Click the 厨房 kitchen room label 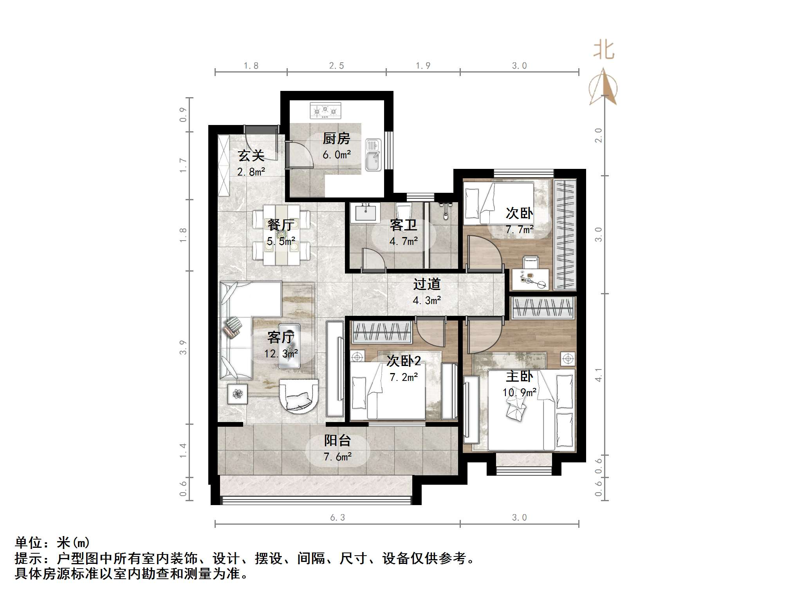[x=336, y=138]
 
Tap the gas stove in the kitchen [x=325, y=111]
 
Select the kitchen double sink [x=373, y=155]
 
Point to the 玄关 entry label [x=251, y=156]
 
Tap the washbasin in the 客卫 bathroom [x=366, y=212]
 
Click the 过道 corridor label [x=427, y=284]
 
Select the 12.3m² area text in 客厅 [x=281, y=354]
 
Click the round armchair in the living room [x=299, y=396]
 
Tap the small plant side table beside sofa [x=238, y=394]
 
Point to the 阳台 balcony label [x=337, y=440]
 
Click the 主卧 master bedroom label [x=519, y=377]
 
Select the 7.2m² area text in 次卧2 [x=404, y=377]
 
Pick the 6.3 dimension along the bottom [x=337, y=518]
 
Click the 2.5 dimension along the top [x=336, y=66]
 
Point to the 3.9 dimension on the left [x=183, y=347]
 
